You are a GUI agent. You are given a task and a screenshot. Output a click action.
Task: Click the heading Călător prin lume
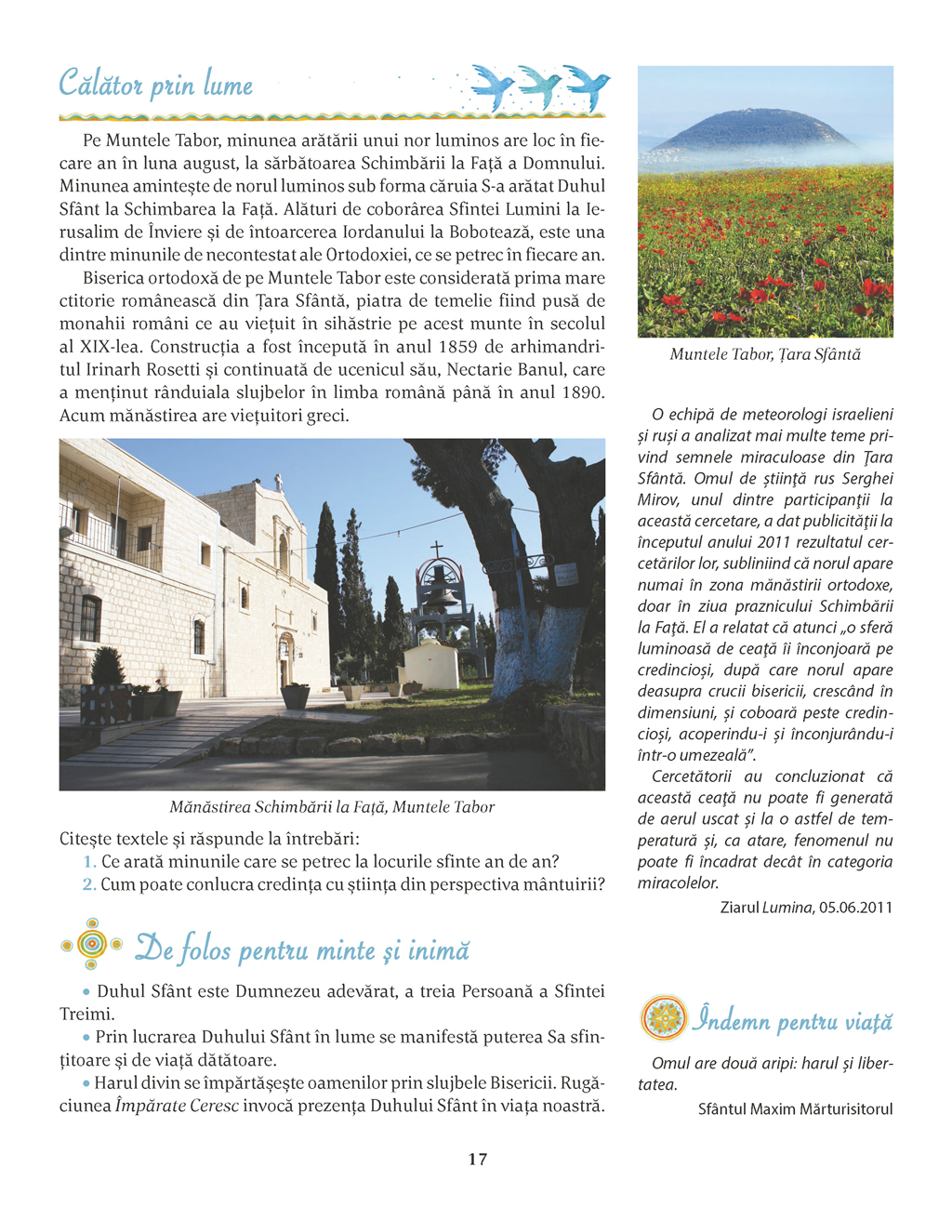155,84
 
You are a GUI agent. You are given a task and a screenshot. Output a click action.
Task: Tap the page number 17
477,1159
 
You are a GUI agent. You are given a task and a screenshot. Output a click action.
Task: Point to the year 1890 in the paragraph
583,392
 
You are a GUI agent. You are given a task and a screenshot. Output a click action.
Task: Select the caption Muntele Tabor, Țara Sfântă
765,354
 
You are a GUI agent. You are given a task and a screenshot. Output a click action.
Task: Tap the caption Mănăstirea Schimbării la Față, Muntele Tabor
332,807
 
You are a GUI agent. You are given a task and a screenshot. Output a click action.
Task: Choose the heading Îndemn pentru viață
792,1021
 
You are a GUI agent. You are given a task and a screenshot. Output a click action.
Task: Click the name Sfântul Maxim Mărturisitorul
795,1108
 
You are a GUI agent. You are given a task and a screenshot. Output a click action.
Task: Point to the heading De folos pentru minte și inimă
302,949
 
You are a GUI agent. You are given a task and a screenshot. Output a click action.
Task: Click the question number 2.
89,884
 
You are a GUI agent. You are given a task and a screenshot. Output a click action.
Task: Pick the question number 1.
89,862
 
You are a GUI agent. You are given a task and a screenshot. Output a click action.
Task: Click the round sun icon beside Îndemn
663,1018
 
